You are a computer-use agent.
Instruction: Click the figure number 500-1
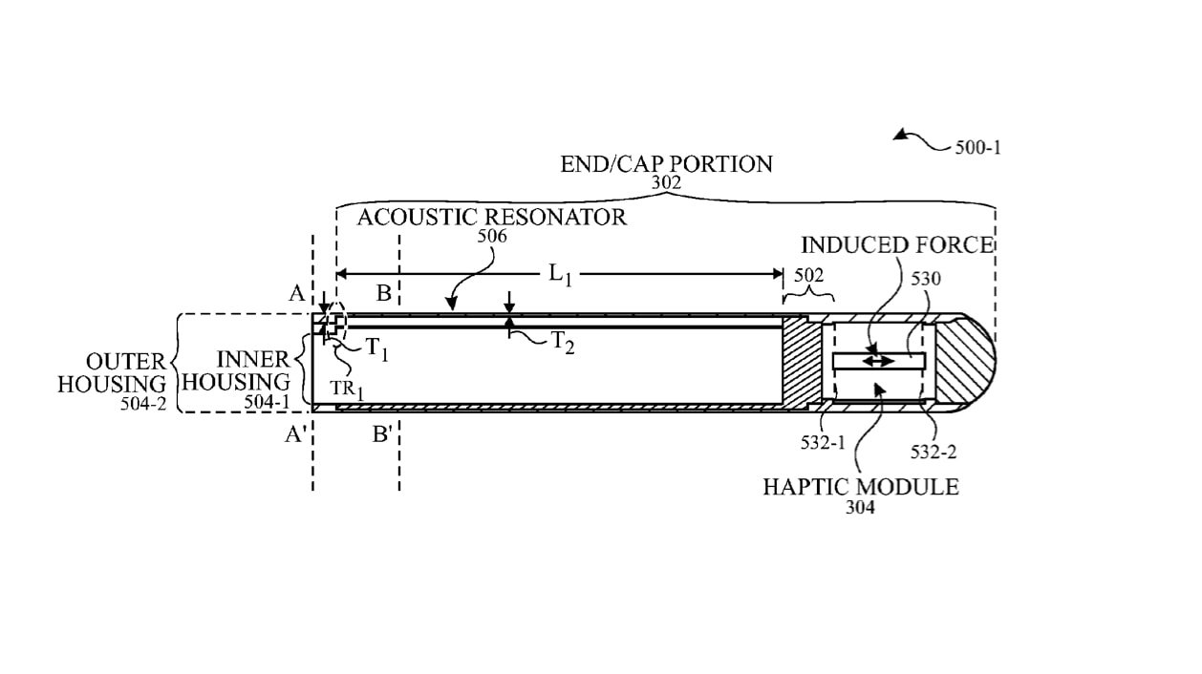click(977, 148)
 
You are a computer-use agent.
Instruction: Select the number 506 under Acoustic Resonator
click(492, 236)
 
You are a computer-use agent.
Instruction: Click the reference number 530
click(926, 279)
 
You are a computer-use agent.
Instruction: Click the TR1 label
click(348, 390)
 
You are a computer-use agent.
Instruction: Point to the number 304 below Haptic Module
click(860, 508)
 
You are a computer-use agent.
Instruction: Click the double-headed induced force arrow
click(879, 361)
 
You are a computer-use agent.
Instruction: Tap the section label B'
click(383, 436)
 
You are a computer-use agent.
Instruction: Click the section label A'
click(295, 435)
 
